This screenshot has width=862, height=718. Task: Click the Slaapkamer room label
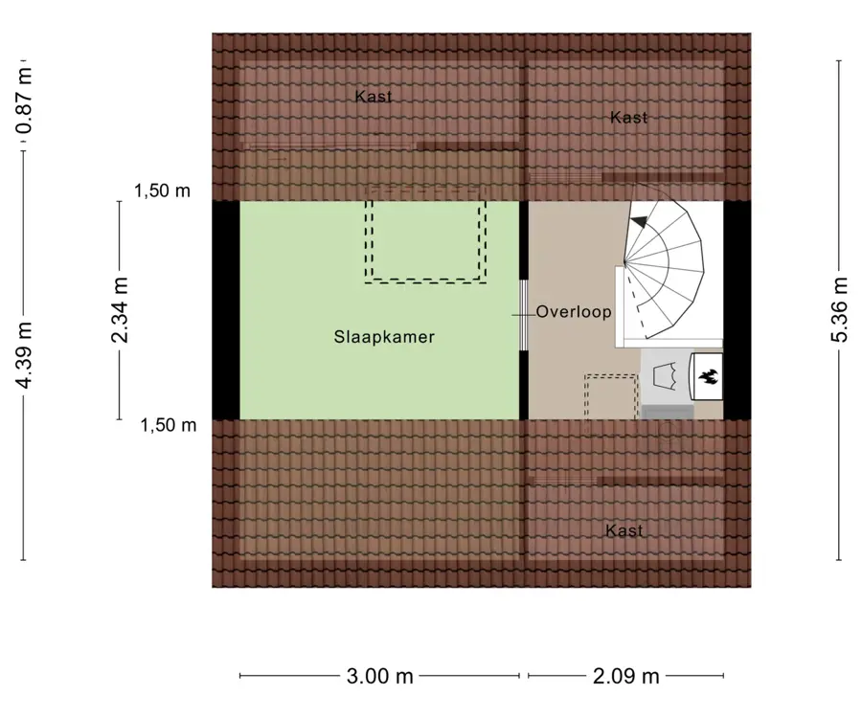384,337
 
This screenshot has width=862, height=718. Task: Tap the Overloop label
574,312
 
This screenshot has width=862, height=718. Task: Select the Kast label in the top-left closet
374,96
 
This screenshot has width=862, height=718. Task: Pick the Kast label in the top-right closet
628,117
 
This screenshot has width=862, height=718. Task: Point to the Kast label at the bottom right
624,530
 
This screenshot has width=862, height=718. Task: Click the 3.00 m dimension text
380,676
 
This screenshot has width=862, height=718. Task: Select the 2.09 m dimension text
626,676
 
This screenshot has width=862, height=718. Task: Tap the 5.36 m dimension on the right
839,309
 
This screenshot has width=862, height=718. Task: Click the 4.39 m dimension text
24,355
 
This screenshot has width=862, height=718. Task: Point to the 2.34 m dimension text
120,310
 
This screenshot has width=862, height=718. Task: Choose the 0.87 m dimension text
24,101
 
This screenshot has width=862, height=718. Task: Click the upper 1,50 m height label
162,191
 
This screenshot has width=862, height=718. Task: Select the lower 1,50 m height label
169,425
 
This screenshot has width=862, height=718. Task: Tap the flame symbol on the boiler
708,376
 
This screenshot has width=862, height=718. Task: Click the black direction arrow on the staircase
640,221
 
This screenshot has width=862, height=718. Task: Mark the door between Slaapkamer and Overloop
524,315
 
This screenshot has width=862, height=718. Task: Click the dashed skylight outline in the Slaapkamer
425,242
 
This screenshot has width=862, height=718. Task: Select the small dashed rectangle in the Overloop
611,396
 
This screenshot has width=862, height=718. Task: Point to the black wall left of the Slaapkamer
226,310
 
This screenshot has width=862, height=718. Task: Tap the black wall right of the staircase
737,310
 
